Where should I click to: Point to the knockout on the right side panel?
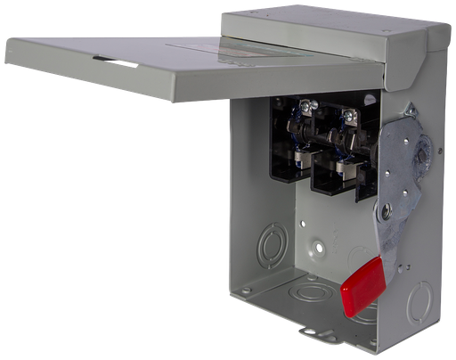pos(419,302)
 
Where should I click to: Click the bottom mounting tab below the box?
pos(315,334)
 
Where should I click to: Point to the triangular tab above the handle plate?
pos(409,111)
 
